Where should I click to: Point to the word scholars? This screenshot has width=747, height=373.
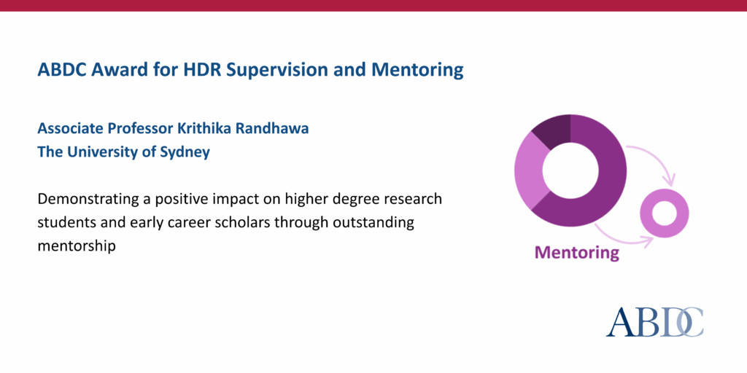[x=248, y=222]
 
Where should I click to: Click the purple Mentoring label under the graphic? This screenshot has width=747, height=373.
[x=576, y=253]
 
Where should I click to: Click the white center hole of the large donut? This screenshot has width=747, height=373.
[x=570, y=170]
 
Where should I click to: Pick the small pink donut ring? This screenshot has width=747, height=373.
[x=665, y=213]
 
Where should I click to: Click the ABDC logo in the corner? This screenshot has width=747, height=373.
[x=654, y=321]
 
